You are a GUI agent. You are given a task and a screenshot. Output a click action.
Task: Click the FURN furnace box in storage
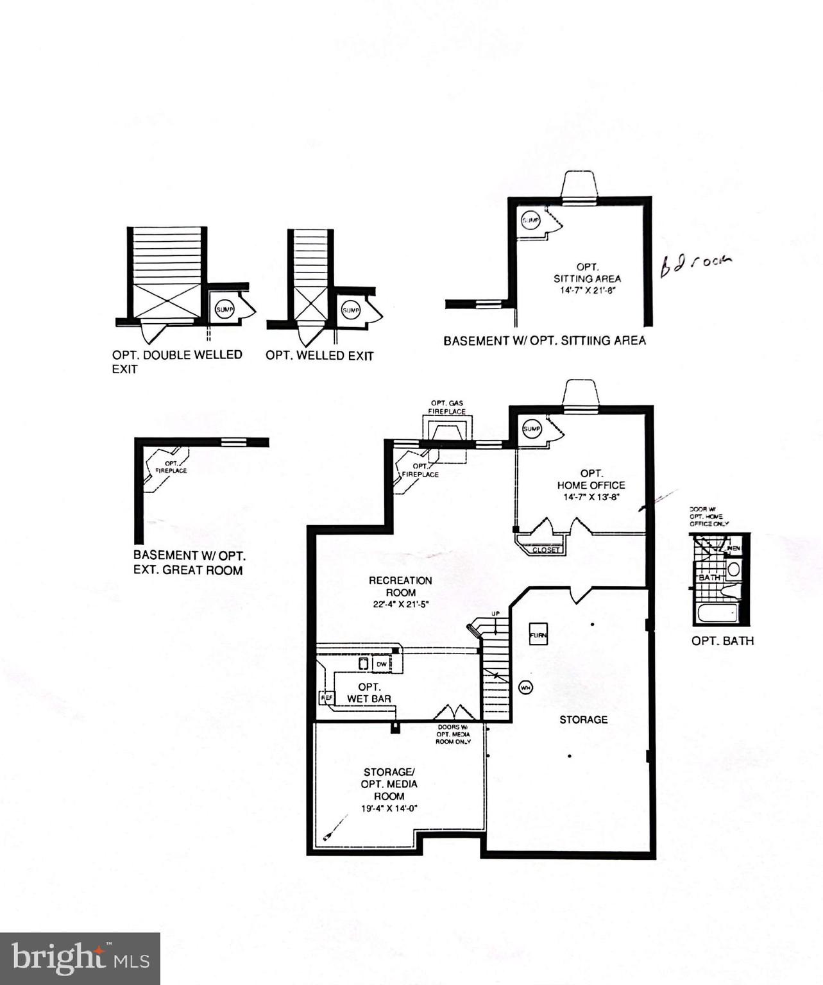pyautogui.click(x=538, y=634)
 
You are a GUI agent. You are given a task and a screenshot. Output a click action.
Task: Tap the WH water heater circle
pyautogui.click(x=526, y=688)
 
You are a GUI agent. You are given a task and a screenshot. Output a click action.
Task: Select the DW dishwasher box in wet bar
pyautogui.click(x=382, y=664)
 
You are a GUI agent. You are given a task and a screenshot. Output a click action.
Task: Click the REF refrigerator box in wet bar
pyautogui.click(x=326, y=697)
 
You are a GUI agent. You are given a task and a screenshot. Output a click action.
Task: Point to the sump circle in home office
pyautogui.click(x=532, y=428)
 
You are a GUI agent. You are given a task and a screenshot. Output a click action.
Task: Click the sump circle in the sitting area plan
pyautogui.click(x=530, y=221)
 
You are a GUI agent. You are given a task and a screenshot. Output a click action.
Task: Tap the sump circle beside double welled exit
pyautogui.click(x=224, y=309)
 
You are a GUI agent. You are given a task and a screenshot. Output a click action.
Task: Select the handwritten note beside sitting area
pyautogui.click(x=695, y=264)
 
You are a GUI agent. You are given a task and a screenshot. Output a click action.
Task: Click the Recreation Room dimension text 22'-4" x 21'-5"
pyautogui.click(x=400, y=604)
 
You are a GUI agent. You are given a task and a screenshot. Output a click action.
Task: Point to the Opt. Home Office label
pyautogui.click(x=591, y=479)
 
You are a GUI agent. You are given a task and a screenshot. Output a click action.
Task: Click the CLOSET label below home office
pyautogui.click(x=547, y=550)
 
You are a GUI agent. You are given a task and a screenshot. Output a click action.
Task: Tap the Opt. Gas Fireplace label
pyautogui.click(x=448, y=407)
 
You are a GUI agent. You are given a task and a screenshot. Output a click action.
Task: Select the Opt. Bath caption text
pyautogui.click(x=722, y=641)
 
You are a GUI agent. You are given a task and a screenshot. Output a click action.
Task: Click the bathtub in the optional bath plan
pyautogui.click(x=717, y=612)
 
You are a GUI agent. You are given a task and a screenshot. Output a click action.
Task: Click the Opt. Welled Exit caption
pyautogui.click(x=319, y=355)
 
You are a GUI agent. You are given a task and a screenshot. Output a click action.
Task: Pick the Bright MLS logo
pyautogui.click(x=80, y=959)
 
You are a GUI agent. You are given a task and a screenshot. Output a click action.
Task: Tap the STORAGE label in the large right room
pyautogui.click(x=583, y=720)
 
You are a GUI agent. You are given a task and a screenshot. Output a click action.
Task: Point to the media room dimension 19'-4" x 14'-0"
pyautogui.click(x=389, y=809)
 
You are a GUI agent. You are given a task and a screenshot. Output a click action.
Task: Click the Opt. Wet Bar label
pyautogui.click(x=369, y=693)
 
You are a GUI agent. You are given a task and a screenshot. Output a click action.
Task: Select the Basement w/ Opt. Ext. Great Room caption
pyautogui.click(x=189, y=562)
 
